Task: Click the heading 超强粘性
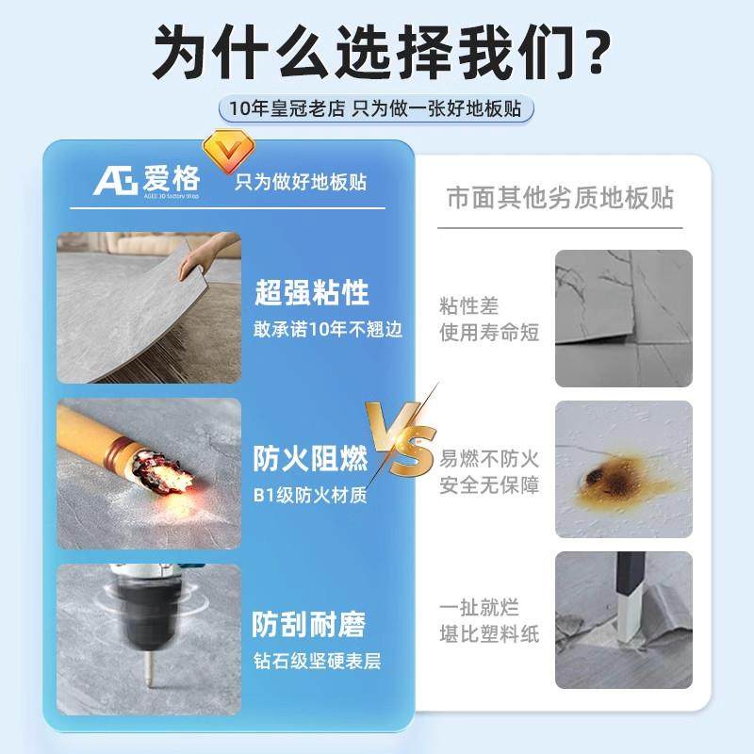pyautogui.click(x=311, y=293)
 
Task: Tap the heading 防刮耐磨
pyautogui.click(x=309, y=624)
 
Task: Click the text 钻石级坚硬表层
pyautogui.click(x=317, y=659)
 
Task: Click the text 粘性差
pyautogui.click(x=468, y=306)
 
